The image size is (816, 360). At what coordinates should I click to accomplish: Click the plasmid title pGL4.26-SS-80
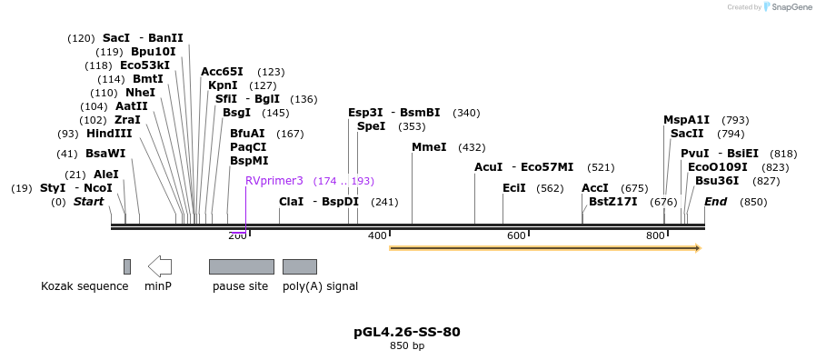click(x=406, y=332)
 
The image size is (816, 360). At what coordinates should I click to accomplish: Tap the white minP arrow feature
click(x=160, y=266)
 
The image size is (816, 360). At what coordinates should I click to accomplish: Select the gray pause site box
click(x=241, y=266)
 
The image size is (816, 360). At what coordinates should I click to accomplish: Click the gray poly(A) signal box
click(x=299, y=266)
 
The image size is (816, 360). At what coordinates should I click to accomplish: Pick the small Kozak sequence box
click(x=127, y=266)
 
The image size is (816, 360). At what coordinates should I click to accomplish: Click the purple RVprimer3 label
click(x=274, y=181)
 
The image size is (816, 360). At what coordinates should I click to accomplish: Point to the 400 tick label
click(x=377, y=236)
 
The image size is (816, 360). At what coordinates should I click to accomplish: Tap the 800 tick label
click(x=655, y=236)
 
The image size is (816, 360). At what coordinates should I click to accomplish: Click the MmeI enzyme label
click(x=429, y=147)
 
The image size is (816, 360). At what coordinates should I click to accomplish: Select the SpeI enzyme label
click(x=371, y=126)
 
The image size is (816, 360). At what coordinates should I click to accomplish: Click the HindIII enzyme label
click(x=109, y=134)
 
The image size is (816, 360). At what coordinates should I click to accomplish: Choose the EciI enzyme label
click(x=513, y=188)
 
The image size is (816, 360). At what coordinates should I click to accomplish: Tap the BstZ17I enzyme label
click(x=612, y=202)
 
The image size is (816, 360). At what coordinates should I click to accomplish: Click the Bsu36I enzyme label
click(x=717, y=181)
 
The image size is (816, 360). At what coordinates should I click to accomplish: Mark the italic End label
click(x=715, y=202)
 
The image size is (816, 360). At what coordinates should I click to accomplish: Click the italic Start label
click(x=88, y=202)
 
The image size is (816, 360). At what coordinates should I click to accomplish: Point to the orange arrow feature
click(x=545, y=247)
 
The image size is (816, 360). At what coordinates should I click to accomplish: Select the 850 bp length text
click(x=406, y=346)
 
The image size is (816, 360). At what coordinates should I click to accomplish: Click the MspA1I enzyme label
click(x=686, y=120)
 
